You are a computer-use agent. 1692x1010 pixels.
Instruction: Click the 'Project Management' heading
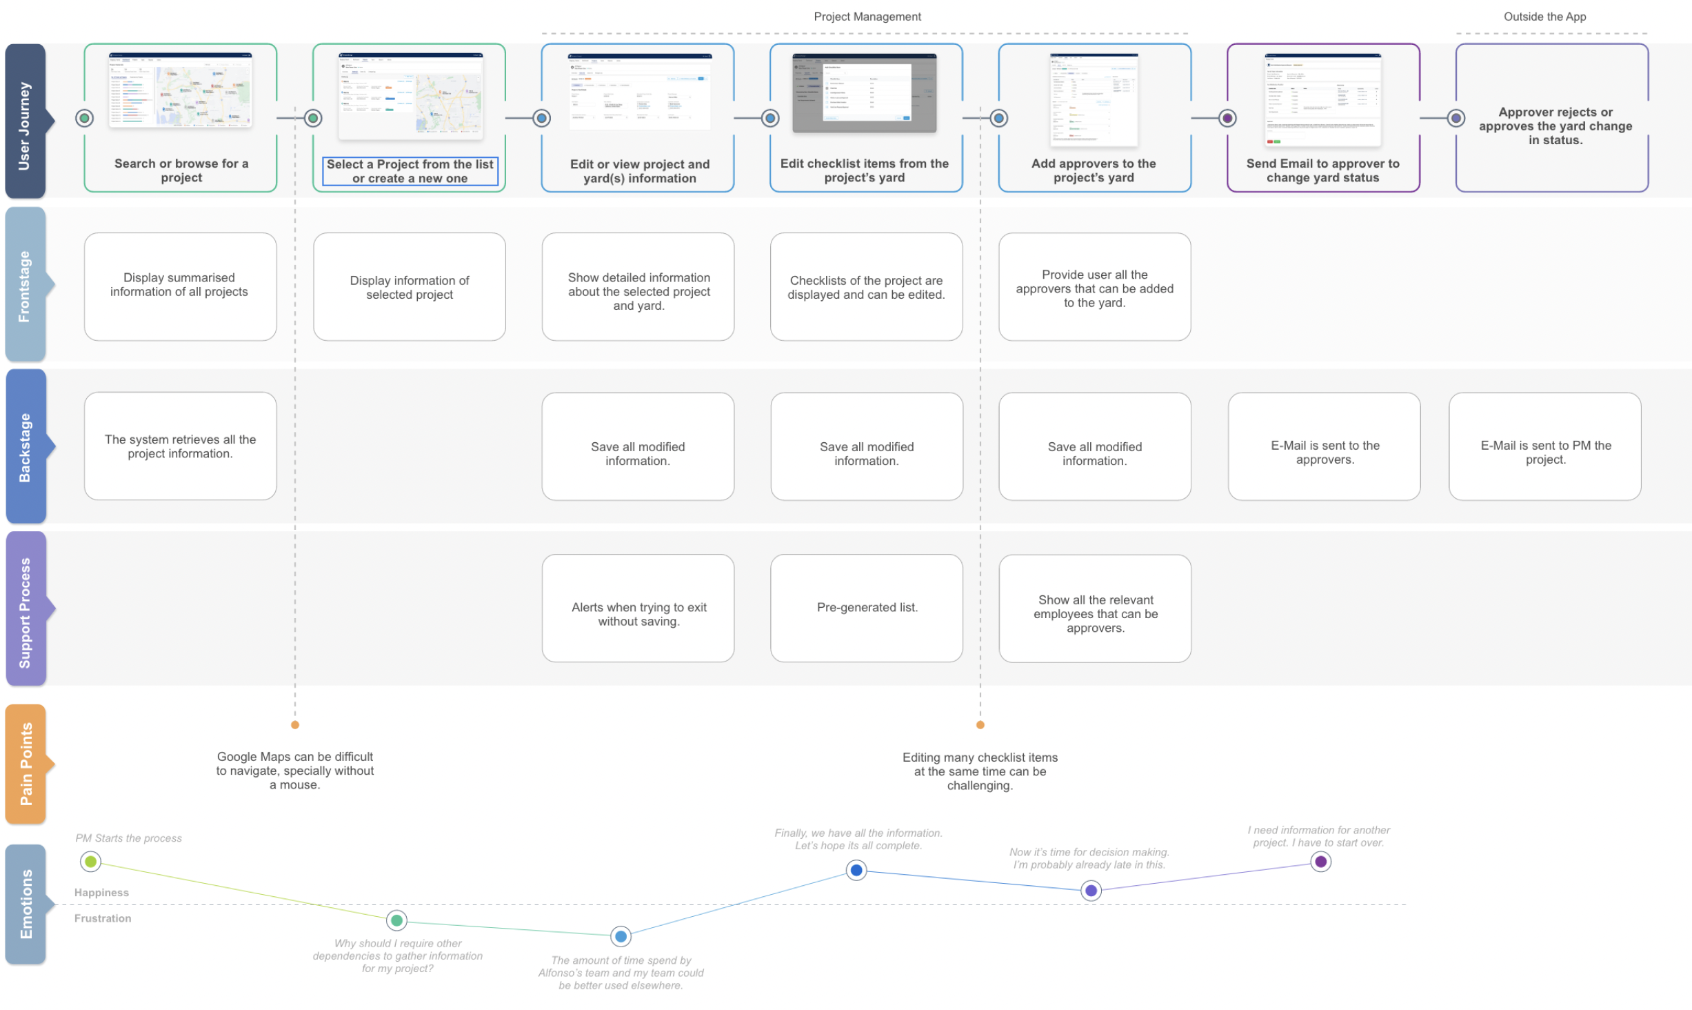pyautogui.click(x=867, y=17)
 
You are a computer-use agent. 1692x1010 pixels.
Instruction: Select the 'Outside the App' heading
pyautogui.click(x=1544, y=17)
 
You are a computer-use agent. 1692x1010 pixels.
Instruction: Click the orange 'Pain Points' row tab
pyautogui.click(x=26, y=764)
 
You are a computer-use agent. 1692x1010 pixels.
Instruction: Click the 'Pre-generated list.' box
pyautogui.click(x=866, y=608)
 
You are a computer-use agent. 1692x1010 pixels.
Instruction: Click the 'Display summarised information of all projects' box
pyautogui.click(x=180, y=286)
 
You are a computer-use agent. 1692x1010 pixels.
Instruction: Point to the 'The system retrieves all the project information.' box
pyautogui.click(x=180, y=446)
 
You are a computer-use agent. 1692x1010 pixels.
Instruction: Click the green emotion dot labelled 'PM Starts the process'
pyautogui.click(x=90, y=861)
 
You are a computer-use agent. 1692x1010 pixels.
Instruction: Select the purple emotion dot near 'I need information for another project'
pyautogui.click(x=1320, y=861)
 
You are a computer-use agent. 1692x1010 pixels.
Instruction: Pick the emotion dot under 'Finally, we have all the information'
pyautogui.click(x=856, y=870)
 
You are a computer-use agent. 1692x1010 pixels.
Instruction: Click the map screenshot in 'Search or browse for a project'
pyautogui.click(x=180, y=90)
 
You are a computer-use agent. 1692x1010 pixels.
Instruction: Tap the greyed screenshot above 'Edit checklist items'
pyautogui.click(x=864, y=92)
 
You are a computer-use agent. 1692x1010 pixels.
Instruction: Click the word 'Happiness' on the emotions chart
pyautogui.click(x=101, y=893)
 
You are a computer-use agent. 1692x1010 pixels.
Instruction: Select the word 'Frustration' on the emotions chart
pyautogui.click(x=103, y=918)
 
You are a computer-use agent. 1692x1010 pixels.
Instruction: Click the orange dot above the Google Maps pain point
pyautogui.click(x=295, y=724)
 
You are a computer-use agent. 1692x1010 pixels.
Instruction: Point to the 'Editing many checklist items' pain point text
pyautogui.click(x=979, y=771)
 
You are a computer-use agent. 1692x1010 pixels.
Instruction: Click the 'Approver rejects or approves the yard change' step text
pyautogui.click(x=1555, y=126)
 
